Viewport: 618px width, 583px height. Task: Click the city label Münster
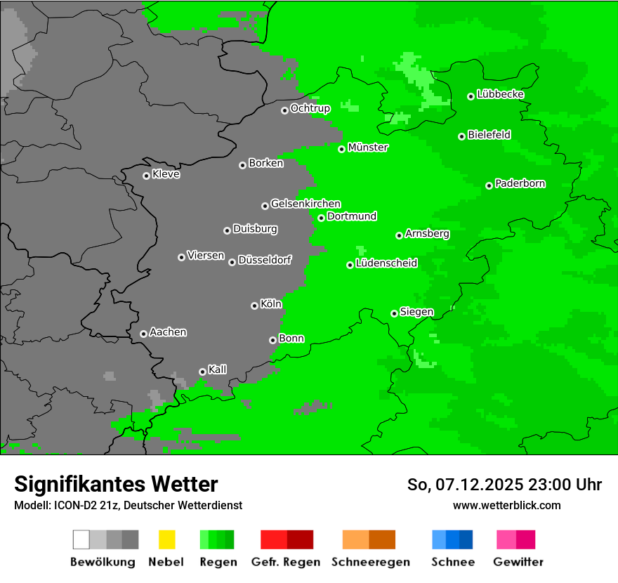[368, 148]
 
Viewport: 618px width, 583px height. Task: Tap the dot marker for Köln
[254, 306]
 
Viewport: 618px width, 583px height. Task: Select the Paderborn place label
[520, 183]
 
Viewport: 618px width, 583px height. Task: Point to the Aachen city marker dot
[143, 334]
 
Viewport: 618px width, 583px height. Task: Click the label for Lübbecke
[501, 94]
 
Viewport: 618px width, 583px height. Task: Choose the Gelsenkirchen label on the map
[305, 204]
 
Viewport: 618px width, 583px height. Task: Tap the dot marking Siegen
[394, 313]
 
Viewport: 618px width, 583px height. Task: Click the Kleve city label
[166, 174]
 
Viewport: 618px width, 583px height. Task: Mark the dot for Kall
[202, 372]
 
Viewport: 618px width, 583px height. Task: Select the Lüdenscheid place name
[386, 263]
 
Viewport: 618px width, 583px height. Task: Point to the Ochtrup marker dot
[284, 110]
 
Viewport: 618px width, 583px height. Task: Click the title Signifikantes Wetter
[116, 484]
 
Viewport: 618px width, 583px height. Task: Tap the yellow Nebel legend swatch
[166, 539]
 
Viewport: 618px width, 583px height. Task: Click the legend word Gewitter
[518, 562]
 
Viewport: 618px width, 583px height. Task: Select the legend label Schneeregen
[370, 562]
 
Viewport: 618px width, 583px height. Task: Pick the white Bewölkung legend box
[81, 539]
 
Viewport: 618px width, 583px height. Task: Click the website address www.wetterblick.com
[506, 505]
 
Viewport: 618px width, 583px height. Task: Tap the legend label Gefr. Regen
[286, 562]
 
